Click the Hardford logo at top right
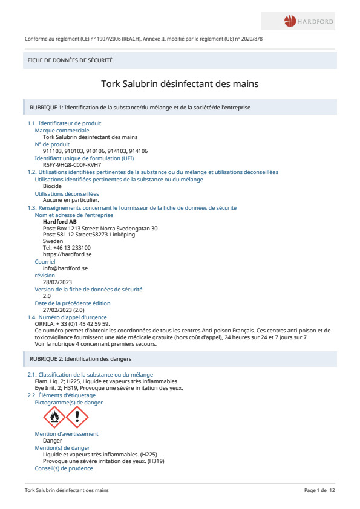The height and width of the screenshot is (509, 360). pos(309,22)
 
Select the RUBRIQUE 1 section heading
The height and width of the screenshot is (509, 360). pos(140,107)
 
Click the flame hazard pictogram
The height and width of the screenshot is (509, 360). pos(54,417)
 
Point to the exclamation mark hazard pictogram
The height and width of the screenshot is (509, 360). pos(77,417)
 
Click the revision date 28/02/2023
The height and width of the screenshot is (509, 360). pos(57,282)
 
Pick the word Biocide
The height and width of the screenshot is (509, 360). pos(53,186)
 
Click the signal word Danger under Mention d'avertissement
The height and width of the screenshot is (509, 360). pos(52,441)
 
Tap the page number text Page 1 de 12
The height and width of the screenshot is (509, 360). pos(319,490)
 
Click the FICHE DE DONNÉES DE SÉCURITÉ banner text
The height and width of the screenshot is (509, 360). pos(70,60)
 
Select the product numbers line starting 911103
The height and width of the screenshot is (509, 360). pos(96,151)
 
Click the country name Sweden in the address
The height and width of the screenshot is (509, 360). pos(53,241)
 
